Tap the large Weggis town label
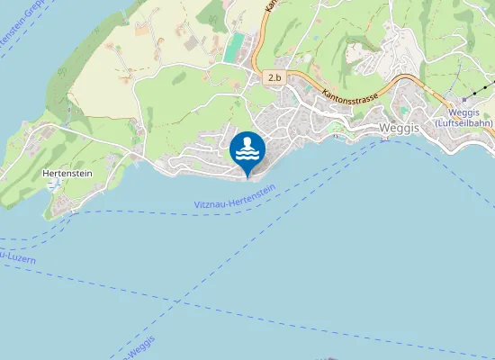pyautogui.click(x=399, y=128)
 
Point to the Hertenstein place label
pyautogui.click(x=67, y=174)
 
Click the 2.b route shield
pyautogui.click(x=274, y=79)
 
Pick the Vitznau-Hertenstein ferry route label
pyautogui.click(x=234, y=200)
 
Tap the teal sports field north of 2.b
pyautogui.click(x=234, y=48)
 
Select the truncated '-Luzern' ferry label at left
pyautogui.click(x=18, y=259)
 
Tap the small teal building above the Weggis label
pyautogui.click(x=404, y=111)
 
